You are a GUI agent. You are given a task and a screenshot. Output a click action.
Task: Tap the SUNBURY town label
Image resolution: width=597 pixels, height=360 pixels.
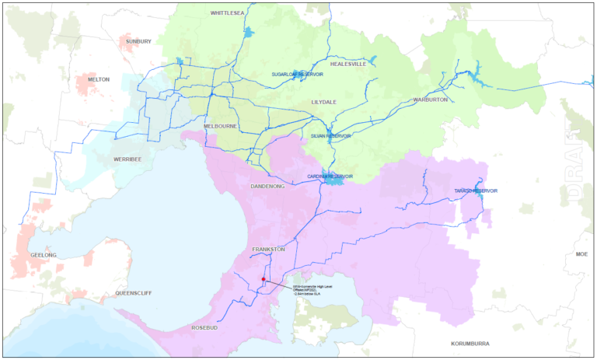138,41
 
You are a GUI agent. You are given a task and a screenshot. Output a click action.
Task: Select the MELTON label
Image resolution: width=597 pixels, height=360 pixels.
99,79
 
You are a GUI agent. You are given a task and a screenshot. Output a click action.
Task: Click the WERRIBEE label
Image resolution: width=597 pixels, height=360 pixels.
127,159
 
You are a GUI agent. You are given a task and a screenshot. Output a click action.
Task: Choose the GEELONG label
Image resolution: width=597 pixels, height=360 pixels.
43,255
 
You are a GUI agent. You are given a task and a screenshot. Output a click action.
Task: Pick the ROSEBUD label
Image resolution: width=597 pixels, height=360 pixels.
206,329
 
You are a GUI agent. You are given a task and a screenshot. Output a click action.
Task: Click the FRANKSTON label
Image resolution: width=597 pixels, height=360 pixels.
269,250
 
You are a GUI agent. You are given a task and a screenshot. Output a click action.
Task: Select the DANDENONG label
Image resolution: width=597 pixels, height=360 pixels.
268,187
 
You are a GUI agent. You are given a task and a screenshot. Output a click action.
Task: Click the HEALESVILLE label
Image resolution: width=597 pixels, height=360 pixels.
347,65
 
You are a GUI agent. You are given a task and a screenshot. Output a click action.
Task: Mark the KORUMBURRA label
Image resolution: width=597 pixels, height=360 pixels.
473,343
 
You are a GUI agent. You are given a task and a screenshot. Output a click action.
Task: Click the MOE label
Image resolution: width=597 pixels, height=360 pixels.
582,254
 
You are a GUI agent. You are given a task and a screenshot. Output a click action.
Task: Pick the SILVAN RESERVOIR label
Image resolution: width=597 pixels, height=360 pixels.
331,135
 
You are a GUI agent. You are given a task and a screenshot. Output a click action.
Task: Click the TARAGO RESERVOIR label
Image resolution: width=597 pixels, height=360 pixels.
476,191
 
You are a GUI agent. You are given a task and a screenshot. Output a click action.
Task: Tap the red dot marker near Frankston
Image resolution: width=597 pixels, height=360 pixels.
264,279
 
